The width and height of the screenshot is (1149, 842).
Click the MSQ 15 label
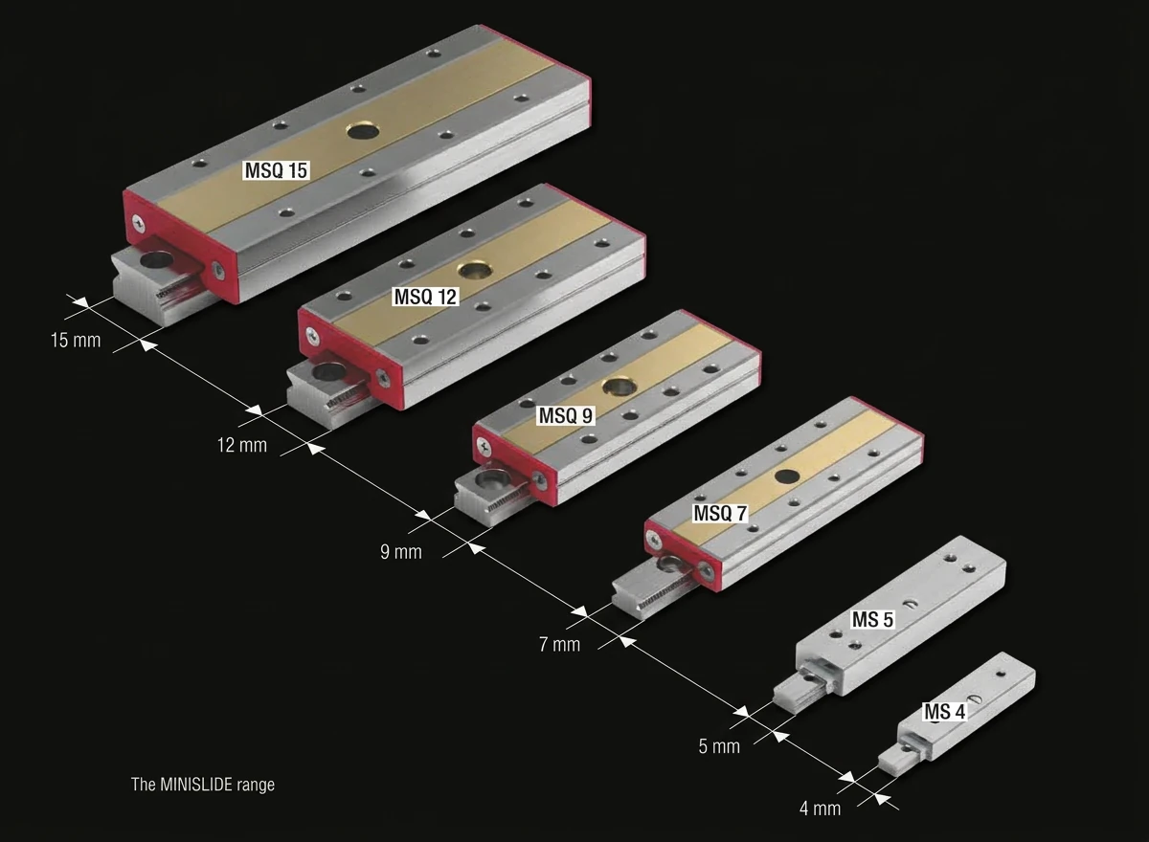pos(276,170)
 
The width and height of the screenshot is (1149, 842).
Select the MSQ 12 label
pos(425,297)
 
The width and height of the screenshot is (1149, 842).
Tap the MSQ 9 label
pos(566,415)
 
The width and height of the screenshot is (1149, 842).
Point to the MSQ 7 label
pos(720,513)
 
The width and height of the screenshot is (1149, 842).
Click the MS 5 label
pos(872,620)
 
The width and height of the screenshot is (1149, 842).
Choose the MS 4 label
pos(944,712)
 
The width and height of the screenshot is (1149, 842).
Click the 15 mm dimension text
pos(76,341)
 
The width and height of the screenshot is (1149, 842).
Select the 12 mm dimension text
pos(242,445)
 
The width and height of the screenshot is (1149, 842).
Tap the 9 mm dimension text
pos(401,552)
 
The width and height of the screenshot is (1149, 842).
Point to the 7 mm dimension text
pos(559,644)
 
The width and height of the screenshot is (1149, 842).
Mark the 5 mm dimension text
pos(719,746)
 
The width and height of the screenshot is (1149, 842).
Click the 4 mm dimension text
pos(821,809)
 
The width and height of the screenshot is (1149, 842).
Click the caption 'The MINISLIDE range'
pos(203,785)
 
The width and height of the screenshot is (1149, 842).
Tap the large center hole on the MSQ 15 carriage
pos(363,131)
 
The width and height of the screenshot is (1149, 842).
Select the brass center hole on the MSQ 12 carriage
pos(476,270)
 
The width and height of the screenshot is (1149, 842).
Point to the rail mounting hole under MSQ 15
pos(157,259)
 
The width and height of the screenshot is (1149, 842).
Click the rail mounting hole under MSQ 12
pos(328,372)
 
